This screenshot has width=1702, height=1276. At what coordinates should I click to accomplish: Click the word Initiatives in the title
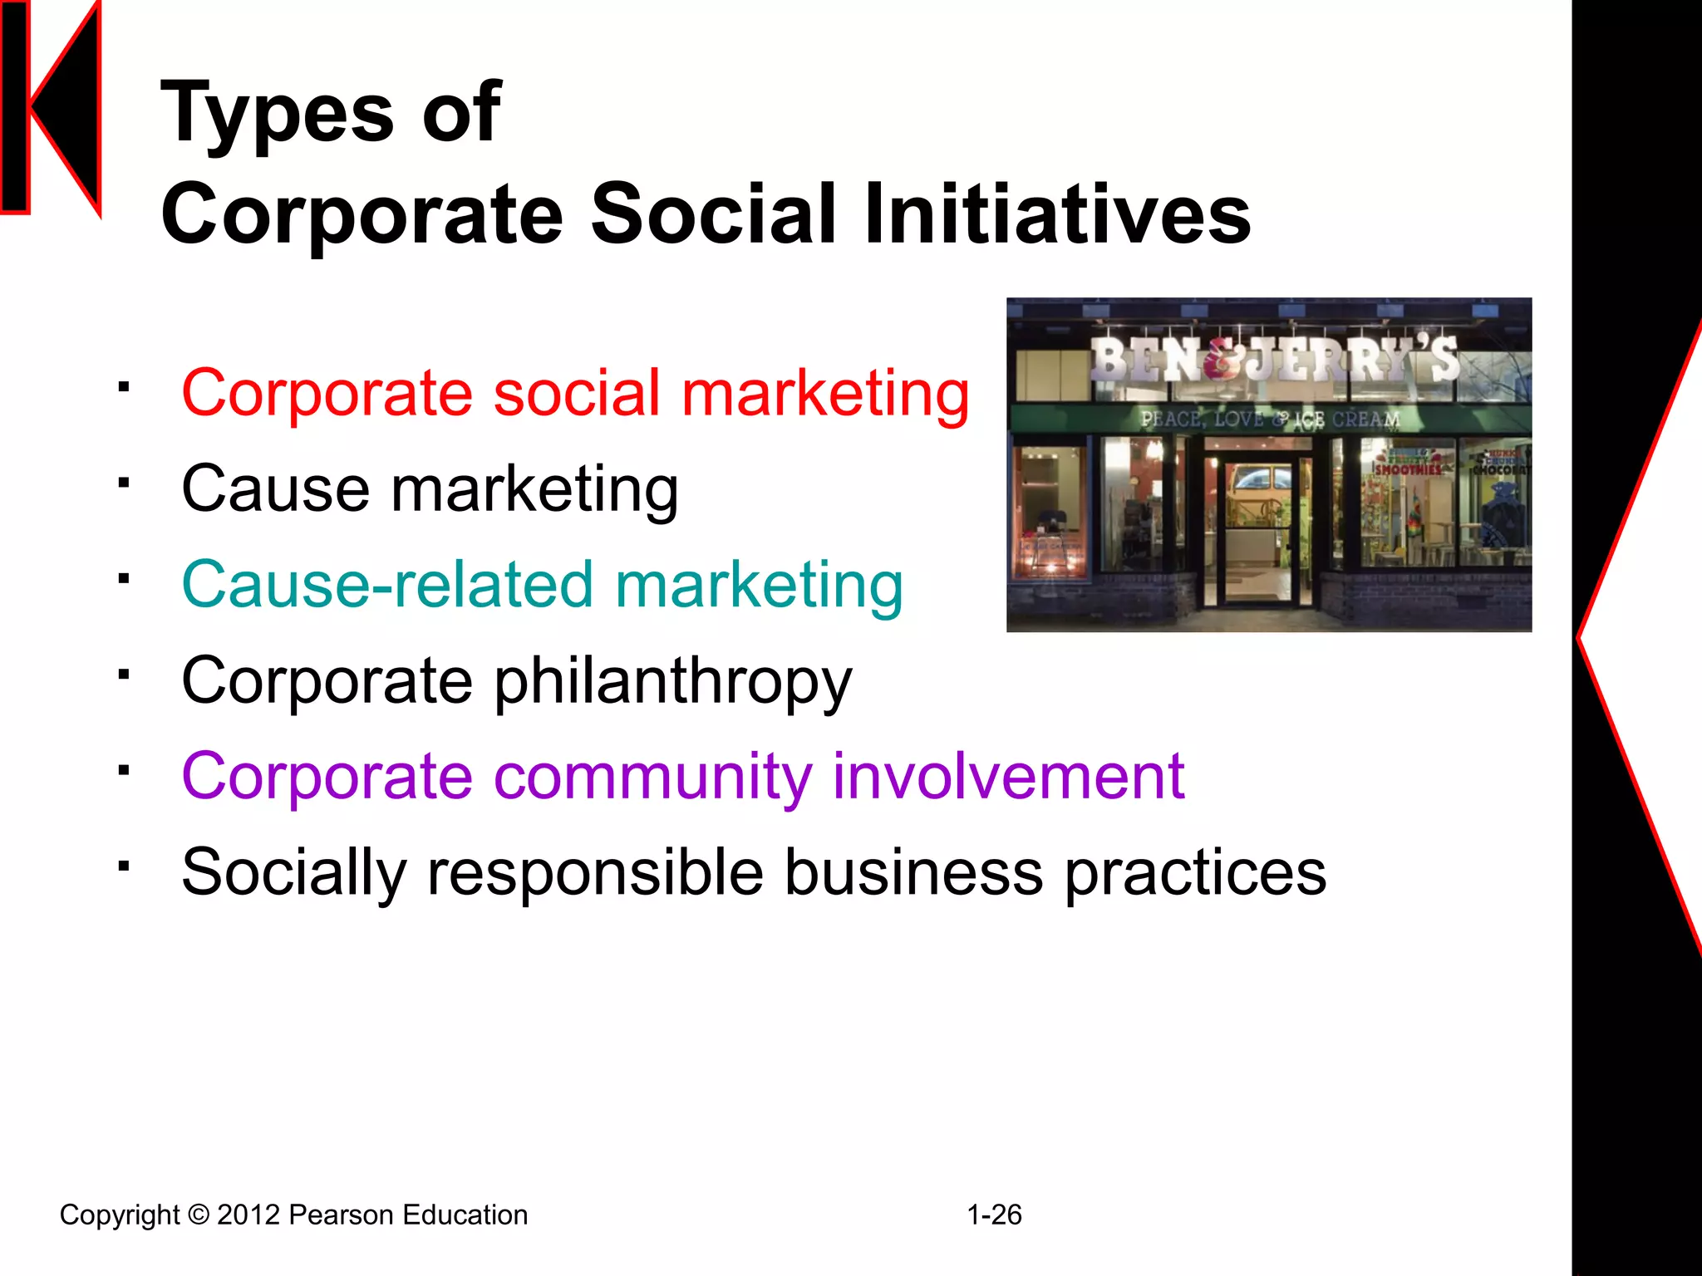coord(1057,214)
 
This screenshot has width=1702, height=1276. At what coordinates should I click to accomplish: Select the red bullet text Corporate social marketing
coord(575,393)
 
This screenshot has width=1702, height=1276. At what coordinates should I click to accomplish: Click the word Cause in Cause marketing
coord(275,488)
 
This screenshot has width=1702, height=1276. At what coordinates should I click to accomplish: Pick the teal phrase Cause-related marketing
coord(542,585)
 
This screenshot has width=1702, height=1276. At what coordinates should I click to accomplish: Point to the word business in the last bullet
coord(914,872)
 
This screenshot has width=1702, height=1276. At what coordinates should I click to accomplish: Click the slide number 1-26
coord(994,1215)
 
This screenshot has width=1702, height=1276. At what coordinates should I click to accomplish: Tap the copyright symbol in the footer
coord(199,1215)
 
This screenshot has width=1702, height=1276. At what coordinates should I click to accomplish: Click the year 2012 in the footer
coord(248,1215)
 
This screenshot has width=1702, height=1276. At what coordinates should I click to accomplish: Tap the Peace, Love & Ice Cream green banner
coord(1269,419)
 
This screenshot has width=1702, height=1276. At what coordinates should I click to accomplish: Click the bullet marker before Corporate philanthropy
coord(124,674)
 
